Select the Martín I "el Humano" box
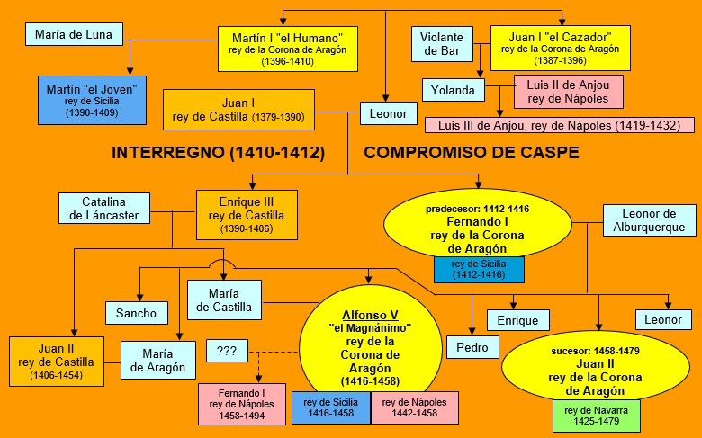(287, 49)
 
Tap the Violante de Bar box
(442, 44)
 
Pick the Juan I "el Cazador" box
(560, 49)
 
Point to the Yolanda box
(452, 90)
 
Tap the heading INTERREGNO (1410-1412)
(218, 153)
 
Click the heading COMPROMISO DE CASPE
(472, 153)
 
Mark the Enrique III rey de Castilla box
(246, 213)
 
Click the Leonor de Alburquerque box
(650, 220)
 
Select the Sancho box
(137, 313)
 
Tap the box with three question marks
(227, 351)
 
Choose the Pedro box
(472, 347)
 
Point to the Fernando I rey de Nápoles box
(240, 403)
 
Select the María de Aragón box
(158, 359)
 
